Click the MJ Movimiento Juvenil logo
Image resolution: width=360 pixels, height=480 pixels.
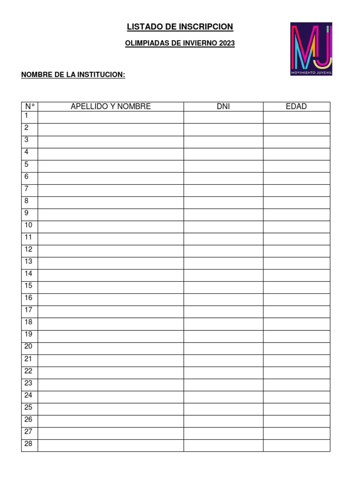point(311,49)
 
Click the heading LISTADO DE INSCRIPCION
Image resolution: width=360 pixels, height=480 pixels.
point(180,27)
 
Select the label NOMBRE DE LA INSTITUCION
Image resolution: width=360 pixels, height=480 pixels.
point(73,75)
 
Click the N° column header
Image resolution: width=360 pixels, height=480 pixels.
point(30,106)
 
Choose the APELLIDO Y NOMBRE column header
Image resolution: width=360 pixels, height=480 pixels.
point(111,106)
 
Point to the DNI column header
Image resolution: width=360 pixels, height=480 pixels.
point(223,106)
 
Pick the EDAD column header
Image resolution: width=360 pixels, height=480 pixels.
point(296,106)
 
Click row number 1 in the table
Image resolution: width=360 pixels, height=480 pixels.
point(27,115)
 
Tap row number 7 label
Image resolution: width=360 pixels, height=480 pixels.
point(27,188)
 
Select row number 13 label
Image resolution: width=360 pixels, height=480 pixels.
point(29,261)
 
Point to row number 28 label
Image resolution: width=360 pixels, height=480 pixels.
point(29,443)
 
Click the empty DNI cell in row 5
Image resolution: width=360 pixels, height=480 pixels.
point(223,166)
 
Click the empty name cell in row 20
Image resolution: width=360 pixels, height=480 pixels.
point(111,348)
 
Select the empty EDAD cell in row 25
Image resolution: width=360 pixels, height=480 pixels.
point(296,409)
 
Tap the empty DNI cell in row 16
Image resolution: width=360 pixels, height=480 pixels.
point(223,300)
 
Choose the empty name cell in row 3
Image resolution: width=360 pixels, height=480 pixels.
point(111,142)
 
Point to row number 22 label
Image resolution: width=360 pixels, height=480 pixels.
point(29,371)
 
